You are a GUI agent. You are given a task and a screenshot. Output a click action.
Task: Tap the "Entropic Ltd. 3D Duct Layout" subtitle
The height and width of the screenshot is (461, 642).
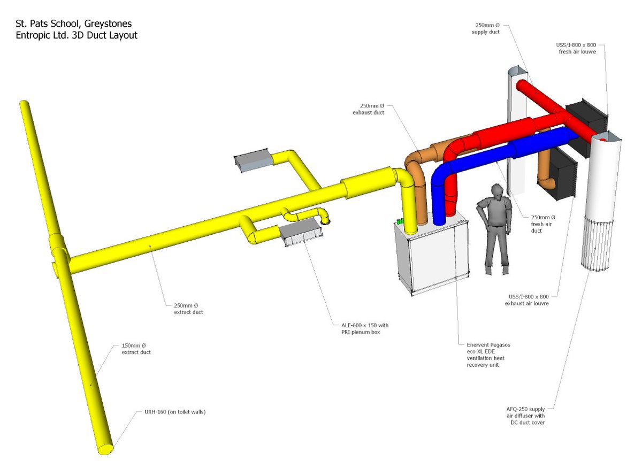72,35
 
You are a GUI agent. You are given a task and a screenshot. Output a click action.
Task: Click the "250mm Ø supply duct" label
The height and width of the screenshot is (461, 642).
486,28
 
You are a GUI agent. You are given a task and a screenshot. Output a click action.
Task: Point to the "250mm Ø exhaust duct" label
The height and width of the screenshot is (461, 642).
369,109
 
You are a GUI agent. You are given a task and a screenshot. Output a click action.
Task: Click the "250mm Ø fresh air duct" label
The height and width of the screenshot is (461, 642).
542,224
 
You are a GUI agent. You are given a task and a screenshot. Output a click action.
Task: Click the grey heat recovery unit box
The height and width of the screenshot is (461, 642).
431,257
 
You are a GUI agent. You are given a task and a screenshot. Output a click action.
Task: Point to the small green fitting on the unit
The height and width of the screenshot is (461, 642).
400,220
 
